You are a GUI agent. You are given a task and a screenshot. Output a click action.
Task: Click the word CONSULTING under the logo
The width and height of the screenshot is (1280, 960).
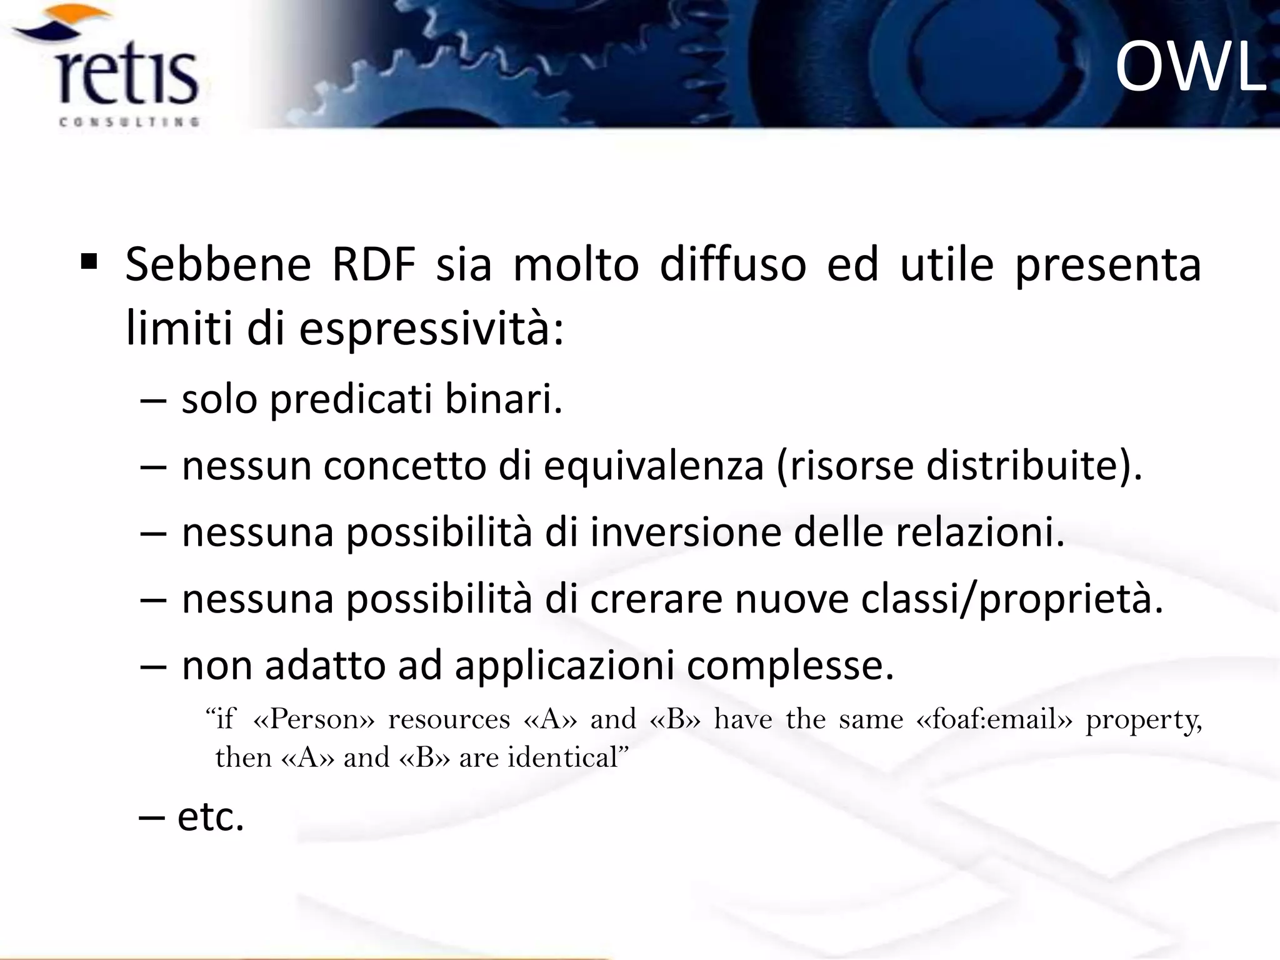tap(129, 122)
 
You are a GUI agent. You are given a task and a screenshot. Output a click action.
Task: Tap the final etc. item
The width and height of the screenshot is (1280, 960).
tap(210, 817)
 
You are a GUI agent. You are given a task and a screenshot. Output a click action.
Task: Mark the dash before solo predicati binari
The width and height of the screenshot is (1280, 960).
tap(154, 400)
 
